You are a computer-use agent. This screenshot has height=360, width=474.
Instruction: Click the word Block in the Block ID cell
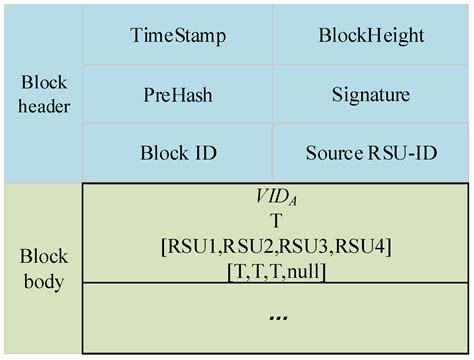[160, 156]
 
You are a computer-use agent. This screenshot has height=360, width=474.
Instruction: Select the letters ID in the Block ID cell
[200, 156]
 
